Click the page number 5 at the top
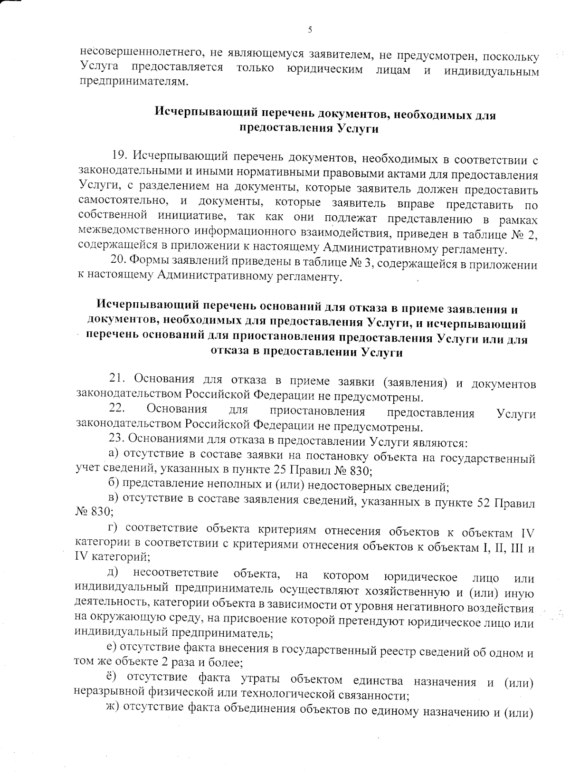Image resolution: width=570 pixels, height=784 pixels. (x=310, y=30)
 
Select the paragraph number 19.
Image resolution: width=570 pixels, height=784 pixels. (x=119, y=155)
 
